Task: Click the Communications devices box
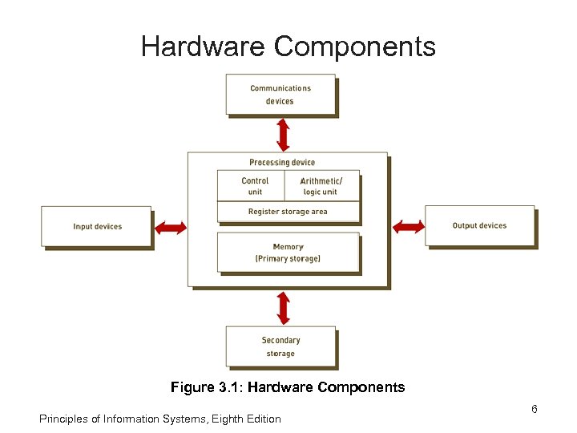pos(280,95)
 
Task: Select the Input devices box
pos(96,226)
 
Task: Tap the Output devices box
pos(479,225)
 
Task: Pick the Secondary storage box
pos(280,346)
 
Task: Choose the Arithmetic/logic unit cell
pos(321,186)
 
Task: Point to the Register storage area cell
pos(288,212)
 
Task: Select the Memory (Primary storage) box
pos(288,253)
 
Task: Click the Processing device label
pos(282,163)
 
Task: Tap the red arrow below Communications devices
pos(283,135)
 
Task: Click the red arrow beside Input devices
pos(169,228)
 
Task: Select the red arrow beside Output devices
pos(408,227)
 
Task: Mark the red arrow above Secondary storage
pos(283,307)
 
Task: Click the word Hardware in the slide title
pos(204,47)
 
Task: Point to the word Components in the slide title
pos(355,47)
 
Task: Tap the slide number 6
pos(534,410)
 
